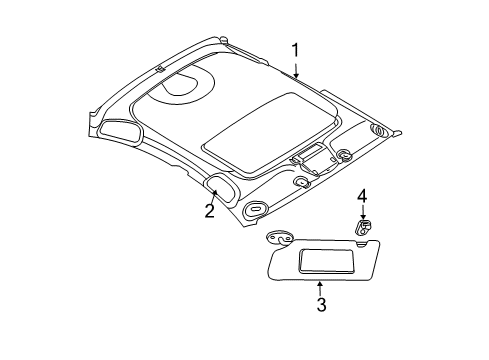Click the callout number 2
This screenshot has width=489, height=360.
(x=210, y=210)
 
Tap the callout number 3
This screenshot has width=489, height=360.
(x=321, y=305)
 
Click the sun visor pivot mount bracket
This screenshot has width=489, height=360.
(x=279, y=239)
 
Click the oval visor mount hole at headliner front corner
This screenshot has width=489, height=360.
(x=254, y=210)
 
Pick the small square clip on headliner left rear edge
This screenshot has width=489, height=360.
(x=159, y=68)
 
